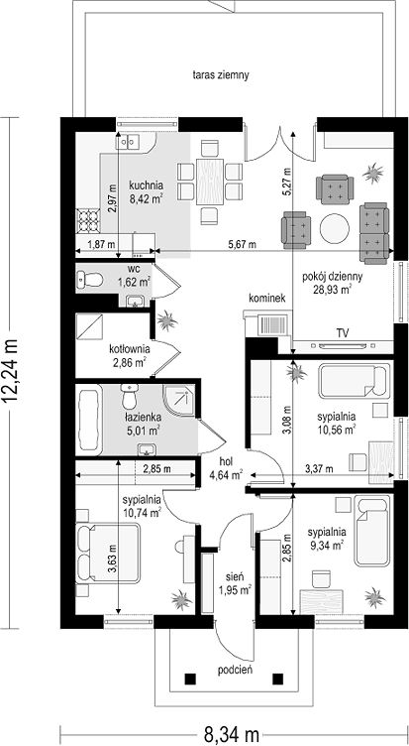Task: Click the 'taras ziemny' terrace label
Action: click(x=221, y=75)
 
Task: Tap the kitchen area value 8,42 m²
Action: click(x=146, y=198)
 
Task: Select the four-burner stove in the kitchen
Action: click(x=88, y=221)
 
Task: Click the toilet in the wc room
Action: click(x=90, y=280)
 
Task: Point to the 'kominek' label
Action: click(x=266, y=299)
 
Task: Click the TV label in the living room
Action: click(x=342, y=333)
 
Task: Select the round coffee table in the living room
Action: click(x=335, y=229)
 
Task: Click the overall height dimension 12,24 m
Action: click(x=12, y=372)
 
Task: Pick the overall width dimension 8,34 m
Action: click(x=231, y=734)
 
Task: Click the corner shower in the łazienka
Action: click(x=179, y=400)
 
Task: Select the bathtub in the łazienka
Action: click(x=89, y=420)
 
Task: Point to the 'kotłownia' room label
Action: click(x=128, y=349)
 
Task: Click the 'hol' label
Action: click(x=226, y=461)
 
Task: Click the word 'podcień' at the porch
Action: click(x=235, y=670)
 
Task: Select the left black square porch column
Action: click(x=190, y=678)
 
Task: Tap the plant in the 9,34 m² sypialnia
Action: click(x=374, y=596)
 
